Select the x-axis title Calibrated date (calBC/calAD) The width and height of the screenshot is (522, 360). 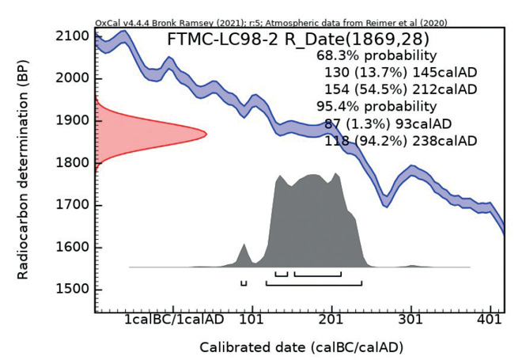[x=291, y=347]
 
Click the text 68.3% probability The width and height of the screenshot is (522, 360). [x=376, y=56]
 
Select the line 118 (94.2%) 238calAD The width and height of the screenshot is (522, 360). [x=400, y=141]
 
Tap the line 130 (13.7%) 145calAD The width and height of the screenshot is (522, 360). [x=400, y=73]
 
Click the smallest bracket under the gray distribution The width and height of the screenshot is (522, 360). [x=244, y=282]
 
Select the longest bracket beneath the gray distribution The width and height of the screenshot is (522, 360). [x=314, y=282]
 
